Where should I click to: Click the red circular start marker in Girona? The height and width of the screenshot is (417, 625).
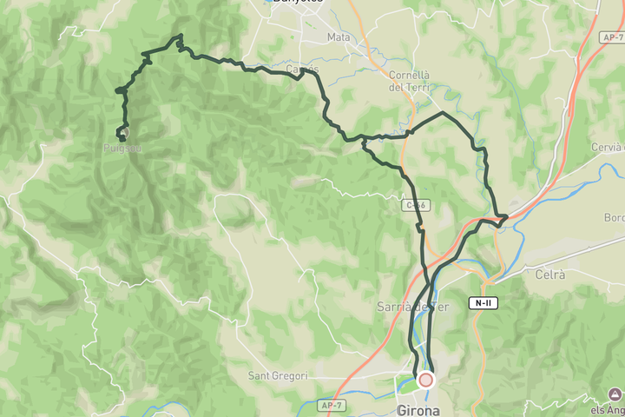click(425, 380)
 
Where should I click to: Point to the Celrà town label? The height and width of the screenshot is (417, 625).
click(549, 275)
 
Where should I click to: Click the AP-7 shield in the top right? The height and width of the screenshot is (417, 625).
click(611, 37)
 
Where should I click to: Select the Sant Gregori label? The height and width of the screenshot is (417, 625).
click(278, 376)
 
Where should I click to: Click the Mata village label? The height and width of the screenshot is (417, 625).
click(339, 37)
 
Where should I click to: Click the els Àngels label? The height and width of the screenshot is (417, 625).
click(607, 410)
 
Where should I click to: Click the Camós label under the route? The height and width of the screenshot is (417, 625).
click(302, 69)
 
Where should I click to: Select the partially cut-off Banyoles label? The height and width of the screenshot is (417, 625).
click(297, 3)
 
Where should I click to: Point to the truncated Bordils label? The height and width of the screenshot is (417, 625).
click(615, 216)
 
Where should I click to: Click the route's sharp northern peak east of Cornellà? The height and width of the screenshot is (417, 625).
click(443, 112)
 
